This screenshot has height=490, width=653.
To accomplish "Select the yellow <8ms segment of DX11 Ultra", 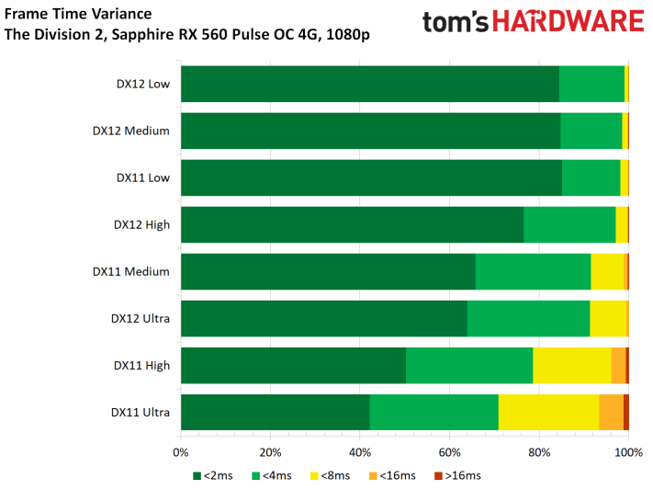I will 548,412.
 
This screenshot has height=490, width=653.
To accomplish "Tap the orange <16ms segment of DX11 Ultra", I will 611,412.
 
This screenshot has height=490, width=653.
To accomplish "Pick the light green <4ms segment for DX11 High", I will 469,365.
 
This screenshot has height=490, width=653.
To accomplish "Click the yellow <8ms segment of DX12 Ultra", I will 608,318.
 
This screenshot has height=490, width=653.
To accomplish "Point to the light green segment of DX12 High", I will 569,224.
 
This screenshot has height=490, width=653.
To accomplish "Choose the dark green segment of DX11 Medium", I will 328,271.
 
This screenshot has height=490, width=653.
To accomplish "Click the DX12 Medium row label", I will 131,131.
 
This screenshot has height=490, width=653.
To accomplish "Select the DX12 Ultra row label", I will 141,318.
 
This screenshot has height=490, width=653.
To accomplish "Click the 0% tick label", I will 181,451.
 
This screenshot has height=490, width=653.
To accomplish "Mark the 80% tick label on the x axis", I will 539,451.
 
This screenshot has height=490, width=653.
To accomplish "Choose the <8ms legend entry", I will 337,475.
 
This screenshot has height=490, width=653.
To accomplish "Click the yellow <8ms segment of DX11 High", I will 572,365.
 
